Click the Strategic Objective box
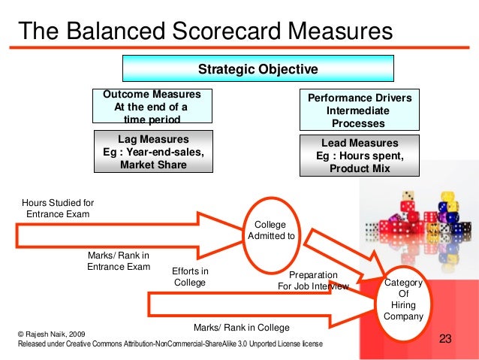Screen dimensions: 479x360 click(258, 70)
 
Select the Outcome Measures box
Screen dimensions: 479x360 click(152, 107)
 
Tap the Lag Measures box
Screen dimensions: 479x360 click(153, 152)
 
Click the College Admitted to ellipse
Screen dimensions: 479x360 click(270, 231)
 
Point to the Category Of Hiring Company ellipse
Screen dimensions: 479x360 click(403, 300)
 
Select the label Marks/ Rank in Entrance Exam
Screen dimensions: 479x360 click(119, 261)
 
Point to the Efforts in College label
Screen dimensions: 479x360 click(190, 277)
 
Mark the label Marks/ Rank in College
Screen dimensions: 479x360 click(241, 328)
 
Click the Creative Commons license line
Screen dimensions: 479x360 click(170, 343)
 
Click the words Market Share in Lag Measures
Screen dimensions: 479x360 click(153, 164)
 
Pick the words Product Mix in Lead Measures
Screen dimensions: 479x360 click(360, 168)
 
